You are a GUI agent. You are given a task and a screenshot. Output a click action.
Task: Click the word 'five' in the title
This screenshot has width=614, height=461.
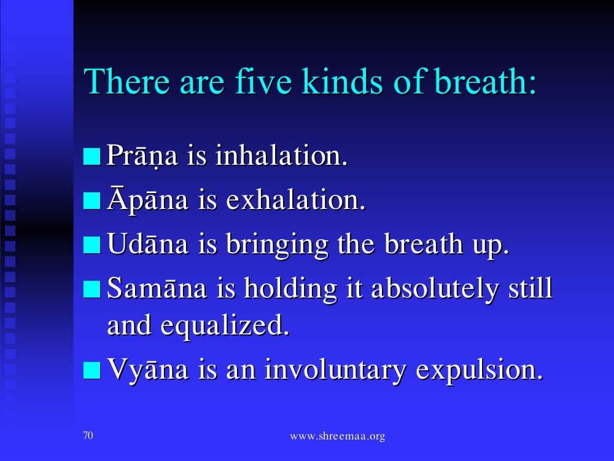click(x=263, y=81)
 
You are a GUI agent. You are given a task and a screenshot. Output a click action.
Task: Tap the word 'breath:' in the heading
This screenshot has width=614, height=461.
click(x=485, y=81)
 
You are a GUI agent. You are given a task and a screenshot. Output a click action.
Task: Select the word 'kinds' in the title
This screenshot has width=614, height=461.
click(x=342, y=81)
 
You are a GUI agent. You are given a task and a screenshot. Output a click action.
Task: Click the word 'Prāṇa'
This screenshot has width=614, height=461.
click(x=142, y=156)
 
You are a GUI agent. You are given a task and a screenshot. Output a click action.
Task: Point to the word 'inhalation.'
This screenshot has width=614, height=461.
click(x=281, y=156)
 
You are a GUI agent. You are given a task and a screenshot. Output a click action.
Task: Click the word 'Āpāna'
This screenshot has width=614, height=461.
click(x=147, y=199)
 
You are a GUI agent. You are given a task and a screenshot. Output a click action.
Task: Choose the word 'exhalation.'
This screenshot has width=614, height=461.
click(x=296, y=200)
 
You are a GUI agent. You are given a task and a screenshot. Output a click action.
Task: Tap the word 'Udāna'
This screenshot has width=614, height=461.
click(x=147, y=243)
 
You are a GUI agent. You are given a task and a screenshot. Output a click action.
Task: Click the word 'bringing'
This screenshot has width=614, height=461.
click(x=277, y=245)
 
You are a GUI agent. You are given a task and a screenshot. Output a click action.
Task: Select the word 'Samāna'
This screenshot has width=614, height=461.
click(x=157, y=288)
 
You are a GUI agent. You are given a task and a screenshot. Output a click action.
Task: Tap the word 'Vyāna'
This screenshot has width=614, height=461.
click(x=147, y=369)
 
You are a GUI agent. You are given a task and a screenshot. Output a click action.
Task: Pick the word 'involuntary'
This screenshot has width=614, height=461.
click(x=335, y=369)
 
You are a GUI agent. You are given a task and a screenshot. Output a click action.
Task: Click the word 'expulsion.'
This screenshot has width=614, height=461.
click(x=480, y=371)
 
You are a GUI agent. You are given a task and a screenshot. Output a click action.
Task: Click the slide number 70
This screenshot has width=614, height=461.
click(x=88, y=435)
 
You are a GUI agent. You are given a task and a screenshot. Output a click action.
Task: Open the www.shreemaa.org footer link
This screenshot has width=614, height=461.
click(x=338, y=436)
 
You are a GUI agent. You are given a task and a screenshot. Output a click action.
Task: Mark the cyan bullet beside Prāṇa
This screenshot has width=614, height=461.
click(x=91, y=156)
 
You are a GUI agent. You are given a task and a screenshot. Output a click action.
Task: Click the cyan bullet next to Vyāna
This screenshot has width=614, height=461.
click(x=91, y=371)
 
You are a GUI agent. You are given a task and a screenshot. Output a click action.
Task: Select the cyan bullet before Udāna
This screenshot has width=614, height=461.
click(x=91, y=245)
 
